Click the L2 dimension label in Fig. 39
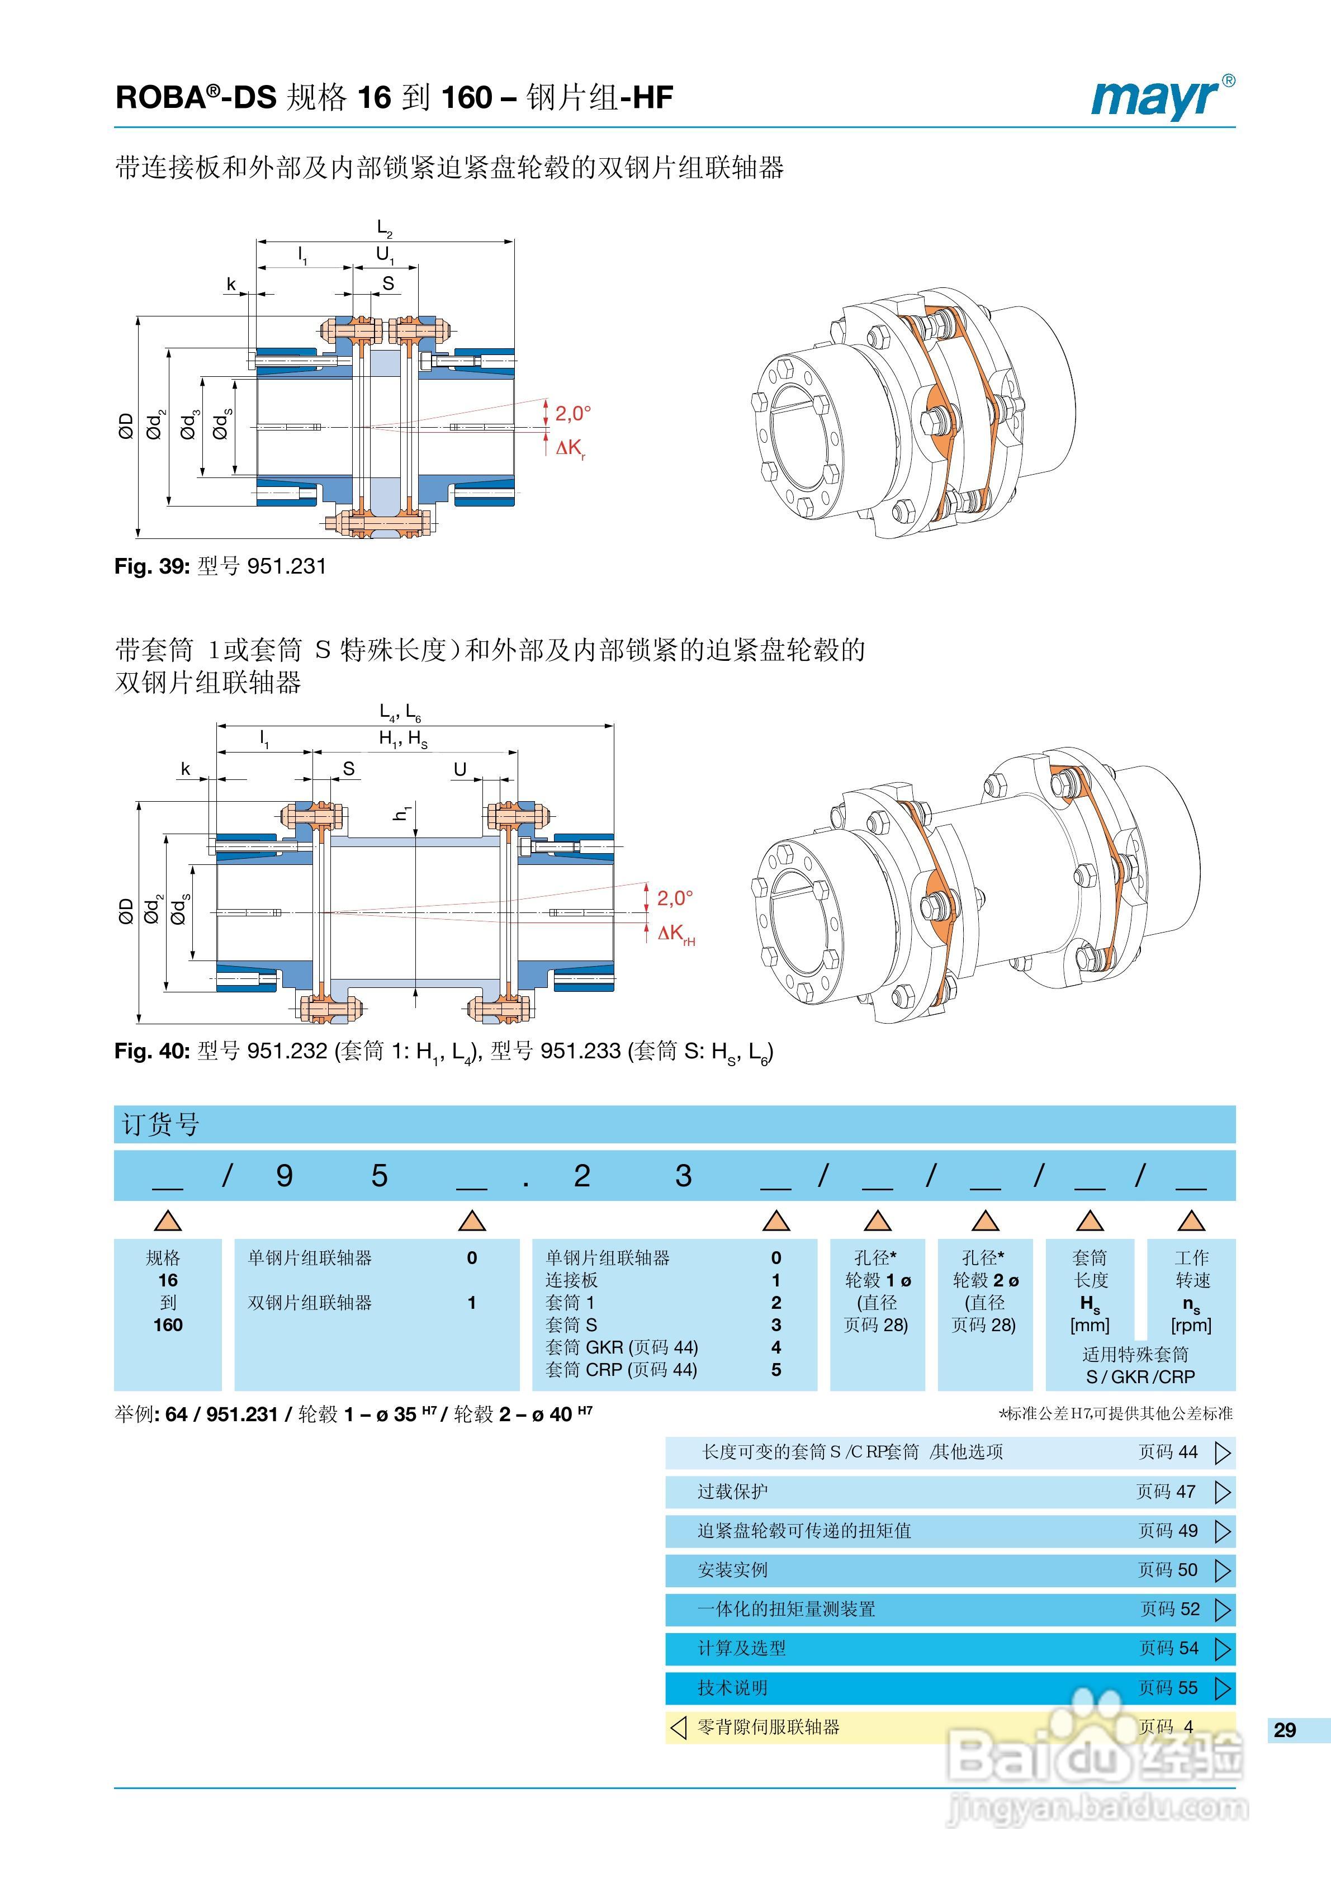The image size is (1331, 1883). tap(384, 228)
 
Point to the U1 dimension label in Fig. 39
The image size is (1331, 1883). tap(384, 255)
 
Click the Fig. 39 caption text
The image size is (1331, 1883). tap(220, 566)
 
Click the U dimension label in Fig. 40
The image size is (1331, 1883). tap(460, 769)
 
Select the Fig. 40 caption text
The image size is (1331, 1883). tap(443, 1052)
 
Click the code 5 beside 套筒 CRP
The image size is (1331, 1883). tap(776, 1370)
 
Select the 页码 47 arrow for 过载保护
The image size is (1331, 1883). tap(1222, 1492)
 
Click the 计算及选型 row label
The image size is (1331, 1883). tap(741, 1648)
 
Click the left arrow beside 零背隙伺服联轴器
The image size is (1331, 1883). tap(678, 1727)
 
